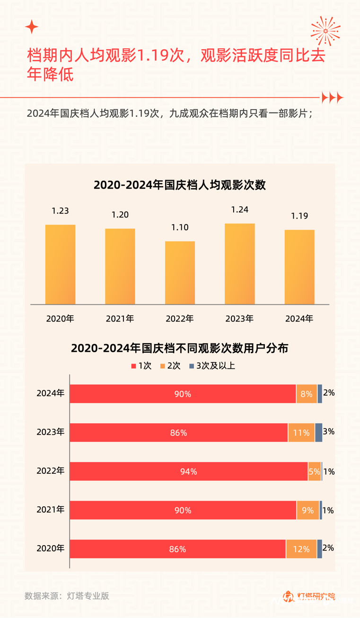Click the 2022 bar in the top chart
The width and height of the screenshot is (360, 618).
[180, 273]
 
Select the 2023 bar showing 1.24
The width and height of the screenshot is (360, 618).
[239, 264]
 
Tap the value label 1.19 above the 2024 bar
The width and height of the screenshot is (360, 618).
[299, 216]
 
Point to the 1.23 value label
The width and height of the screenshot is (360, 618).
[60, 211]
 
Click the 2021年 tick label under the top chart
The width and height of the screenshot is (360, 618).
[120, 319]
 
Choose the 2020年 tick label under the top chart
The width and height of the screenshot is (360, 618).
[60, 319]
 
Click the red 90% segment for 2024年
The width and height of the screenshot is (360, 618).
[183, 394]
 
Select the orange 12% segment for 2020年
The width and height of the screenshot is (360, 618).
[301, 549]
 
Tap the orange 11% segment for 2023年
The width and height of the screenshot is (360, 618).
[301, 433]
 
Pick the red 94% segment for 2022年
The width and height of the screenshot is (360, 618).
[188, 471]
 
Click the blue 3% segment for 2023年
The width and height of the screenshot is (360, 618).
[318, 433]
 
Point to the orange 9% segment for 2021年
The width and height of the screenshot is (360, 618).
[307, 510]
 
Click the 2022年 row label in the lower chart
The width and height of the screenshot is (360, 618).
[50, 471]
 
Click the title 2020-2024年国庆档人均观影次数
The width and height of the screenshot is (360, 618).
[180, 185]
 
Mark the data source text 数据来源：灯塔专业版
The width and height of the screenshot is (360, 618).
[67, 596]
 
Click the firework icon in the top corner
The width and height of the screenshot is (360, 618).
[325, 31]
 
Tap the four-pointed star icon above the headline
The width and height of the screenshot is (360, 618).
[32, 27]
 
